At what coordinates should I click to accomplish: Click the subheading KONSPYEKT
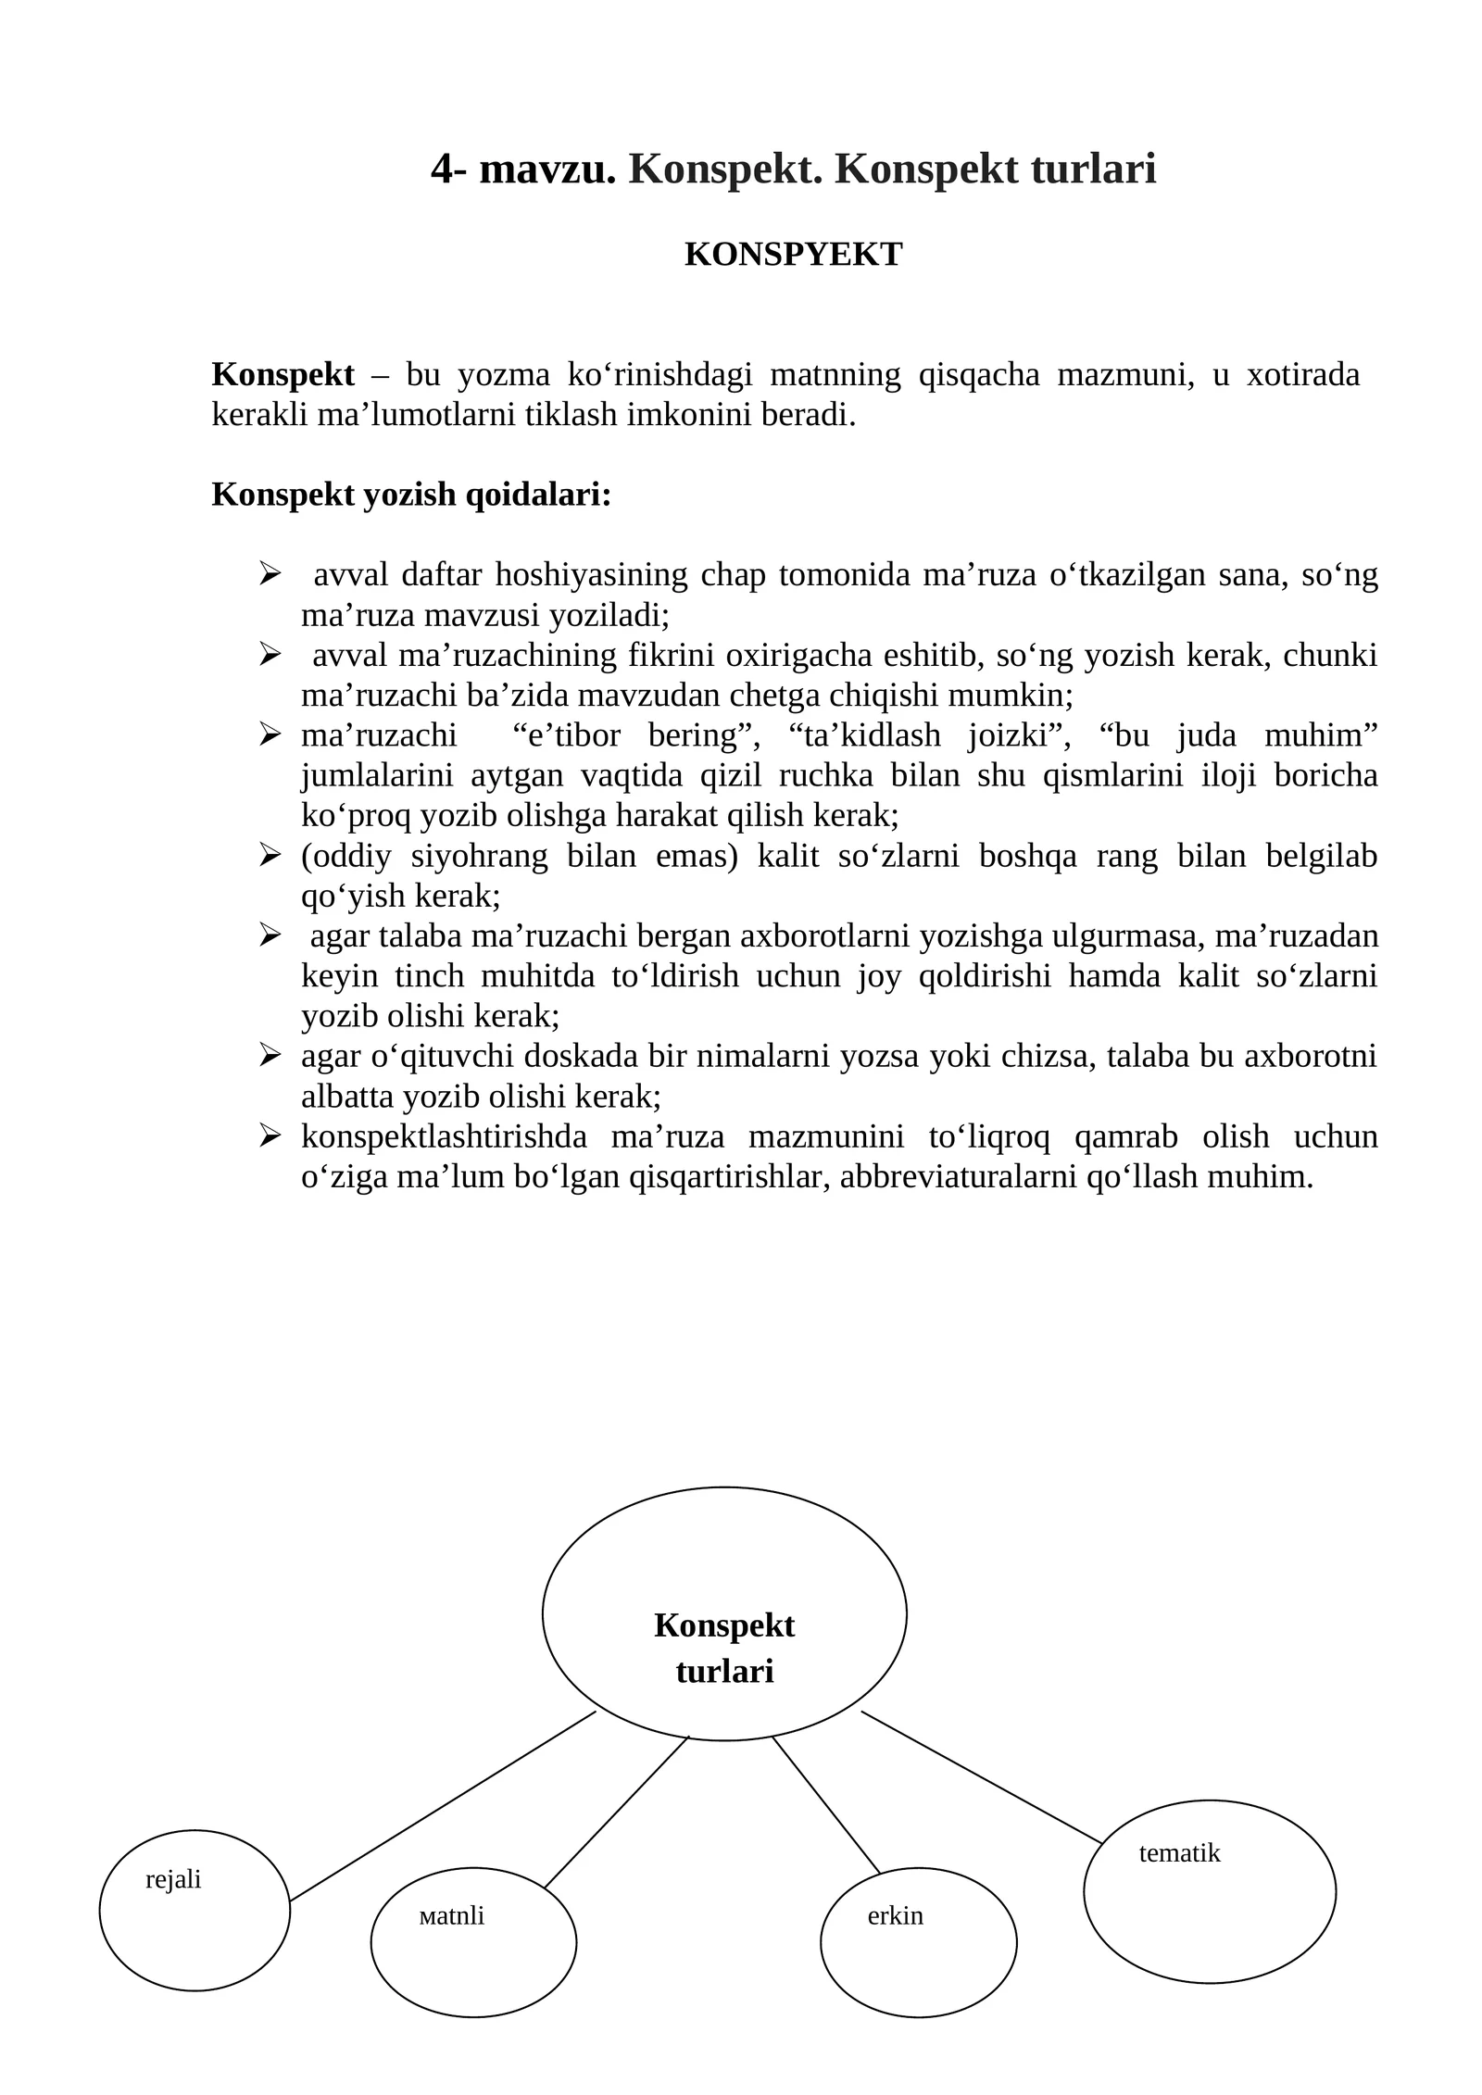click(793, 255)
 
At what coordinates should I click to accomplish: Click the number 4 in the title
click(443, 170)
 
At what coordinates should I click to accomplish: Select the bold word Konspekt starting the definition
click(283, 375)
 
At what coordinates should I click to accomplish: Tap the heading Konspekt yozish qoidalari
click(411, 495)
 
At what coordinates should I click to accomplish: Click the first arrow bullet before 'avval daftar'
click(270, 574)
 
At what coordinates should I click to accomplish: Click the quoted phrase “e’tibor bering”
click(635, 735)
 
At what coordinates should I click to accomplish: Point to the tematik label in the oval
click(1179, 1852)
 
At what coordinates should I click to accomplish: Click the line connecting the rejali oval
click(442, 1806)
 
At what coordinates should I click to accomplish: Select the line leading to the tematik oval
click(982, 1776)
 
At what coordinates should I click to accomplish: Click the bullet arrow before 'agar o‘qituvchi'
click(270, 1056)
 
